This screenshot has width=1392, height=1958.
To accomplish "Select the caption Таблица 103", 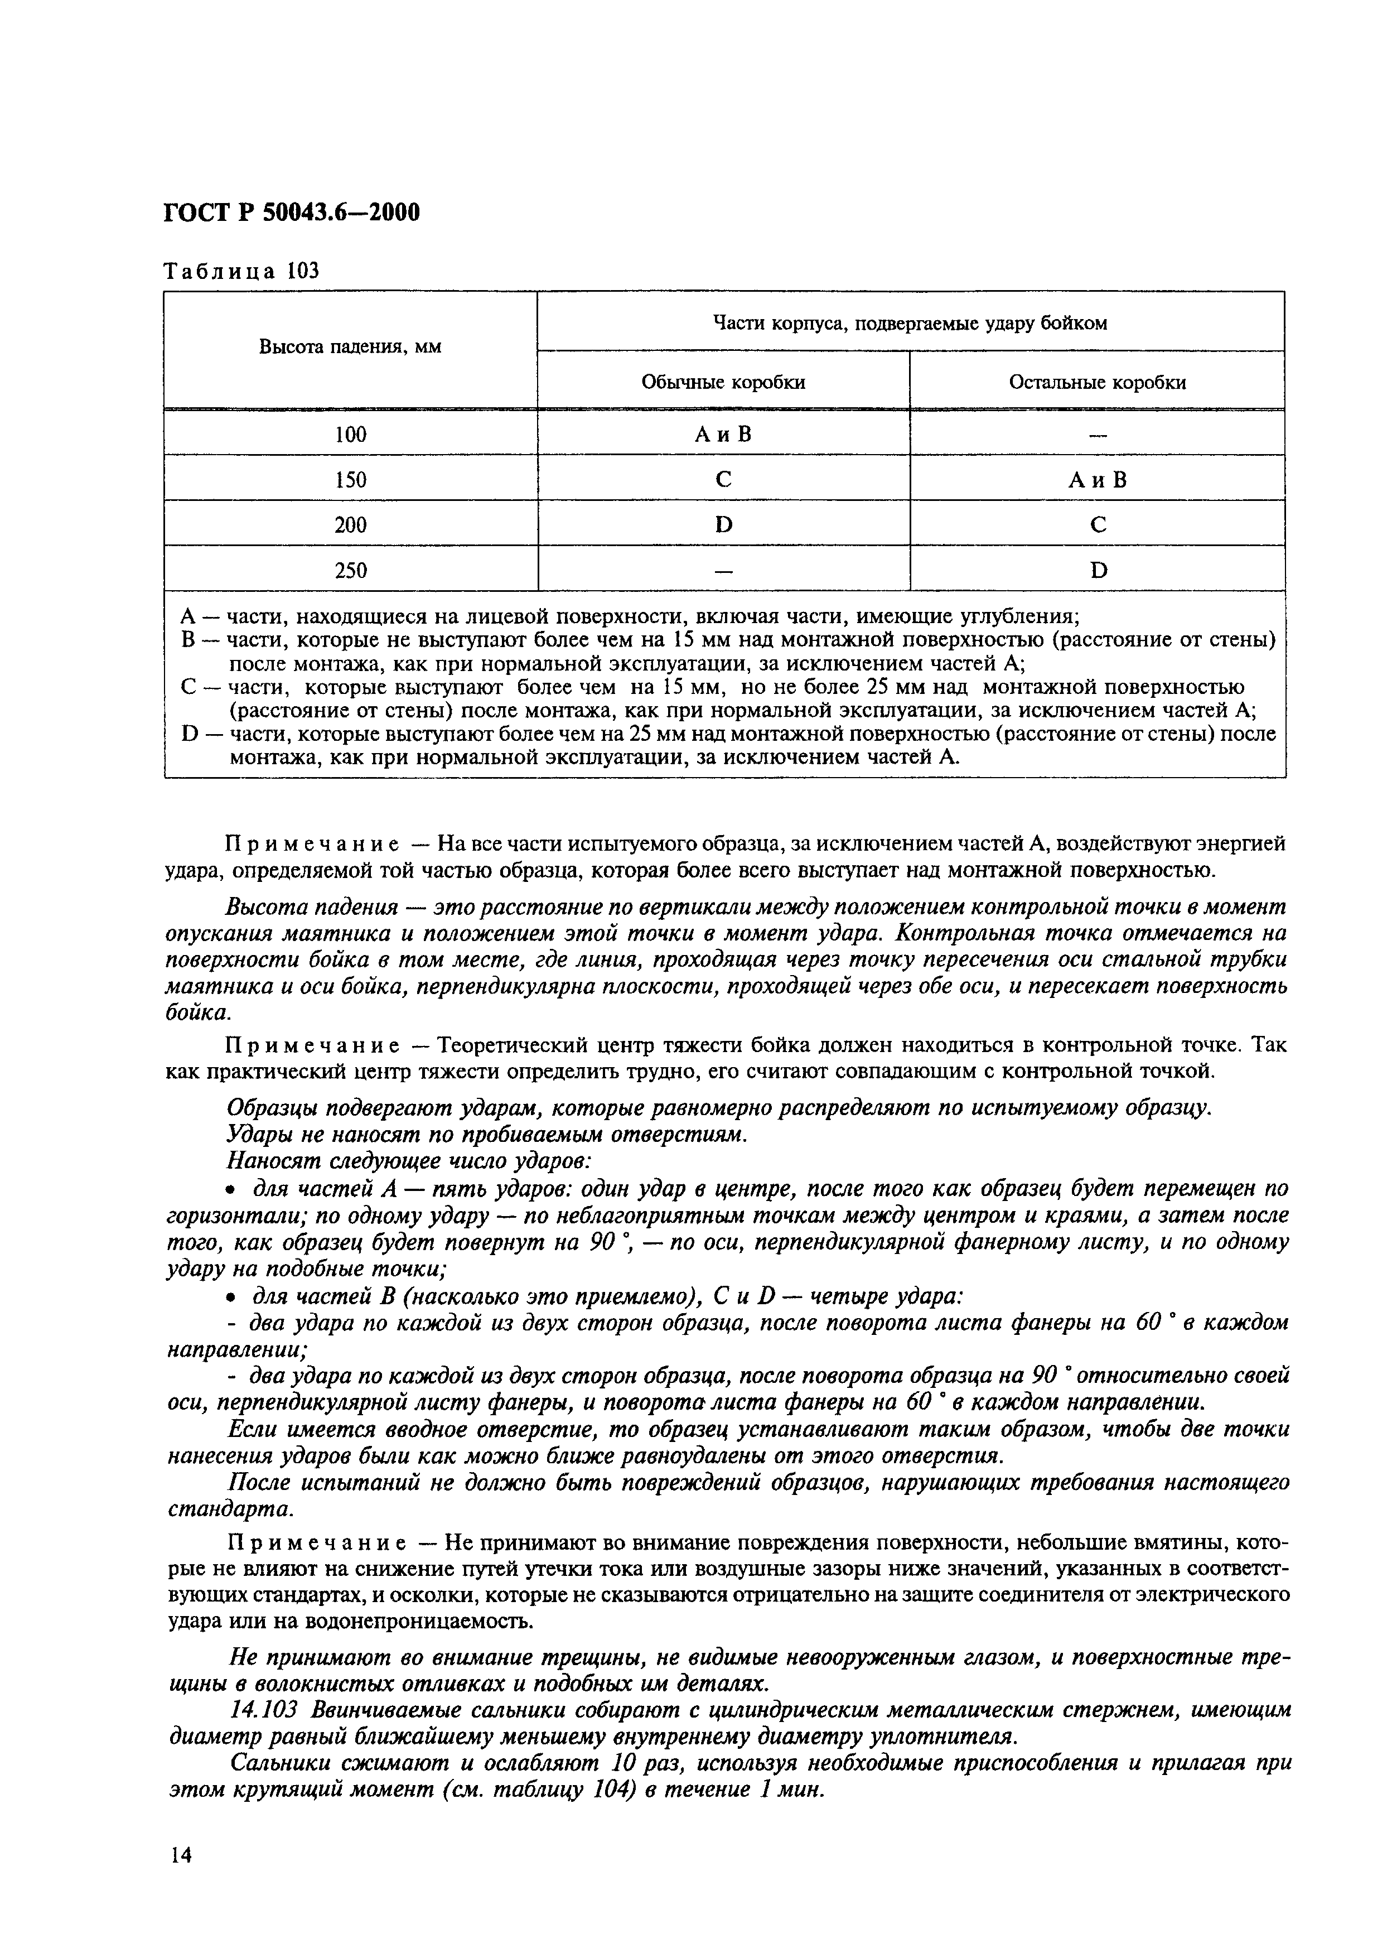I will pos(241,271).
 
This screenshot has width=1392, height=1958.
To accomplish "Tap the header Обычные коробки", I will pos(723,382).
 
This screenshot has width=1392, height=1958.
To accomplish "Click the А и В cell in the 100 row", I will pos(723,435).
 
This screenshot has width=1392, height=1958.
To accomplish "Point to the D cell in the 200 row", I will pos(723,525).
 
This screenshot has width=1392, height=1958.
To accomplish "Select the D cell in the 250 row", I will pos(1098,570).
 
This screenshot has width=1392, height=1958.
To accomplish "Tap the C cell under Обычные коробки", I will pos(723,480).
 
